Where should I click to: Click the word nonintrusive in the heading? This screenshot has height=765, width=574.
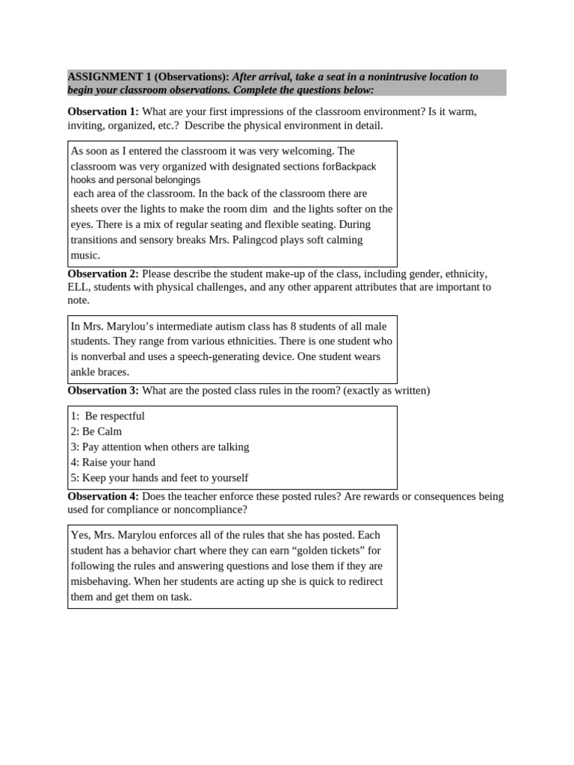tap(392, 77)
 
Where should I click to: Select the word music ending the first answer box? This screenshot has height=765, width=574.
tap(84, 255)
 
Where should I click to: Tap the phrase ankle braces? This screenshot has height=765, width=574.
tap(100, 372)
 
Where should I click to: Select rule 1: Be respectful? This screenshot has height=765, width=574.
tap(108, 416)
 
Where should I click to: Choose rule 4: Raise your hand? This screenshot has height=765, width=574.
tap(113, 462)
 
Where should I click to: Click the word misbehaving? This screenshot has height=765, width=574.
tap(101, 582)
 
